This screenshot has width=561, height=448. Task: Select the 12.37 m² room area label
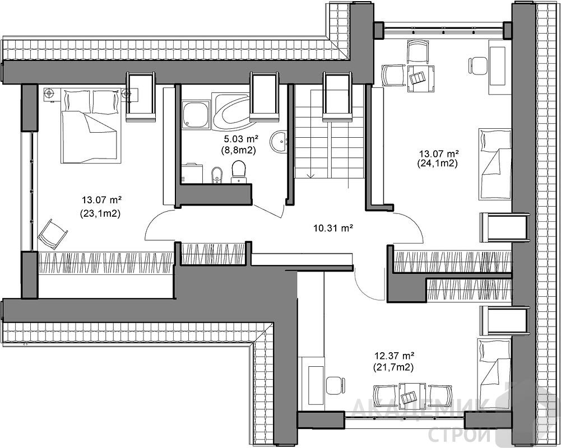(x=394, y=356)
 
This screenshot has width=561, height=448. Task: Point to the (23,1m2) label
(x=100, y=214)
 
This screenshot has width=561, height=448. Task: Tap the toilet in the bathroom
(x=239, y=171)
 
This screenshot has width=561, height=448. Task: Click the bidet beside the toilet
(x=217, y=175)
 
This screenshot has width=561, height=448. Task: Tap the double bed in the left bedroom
(x=90, y=126)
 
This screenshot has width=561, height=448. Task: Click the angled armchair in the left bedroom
(x=53, y=234)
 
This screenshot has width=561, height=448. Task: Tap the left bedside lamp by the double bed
(x=49, y=94)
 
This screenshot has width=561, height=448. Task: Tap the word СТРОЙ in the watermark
(x=459, y=435)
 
